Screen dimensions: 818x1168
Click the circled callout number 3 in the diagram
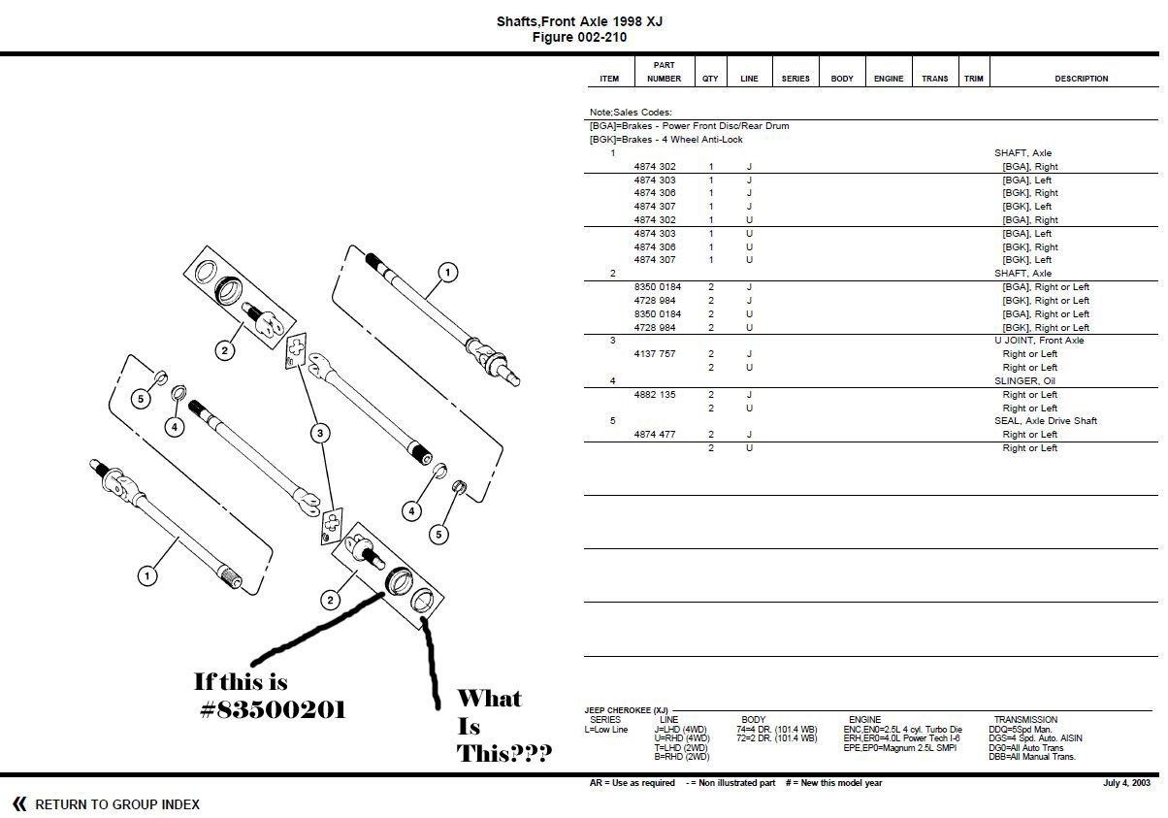(319, 433)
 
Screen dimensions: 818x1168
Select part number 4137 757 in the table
(655, 354)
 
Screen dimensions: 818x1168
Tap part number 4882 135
(655, 395)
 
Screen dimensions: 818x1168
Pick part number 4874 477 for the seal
(655, 435)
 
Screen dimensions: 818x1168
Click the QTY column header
(710, 79)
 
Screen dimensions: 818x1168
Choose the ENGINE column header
(888, 79)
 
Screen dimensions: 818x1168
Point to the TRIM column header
(973, 79)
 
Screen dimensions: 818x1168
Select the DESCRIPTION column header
(1081, 79)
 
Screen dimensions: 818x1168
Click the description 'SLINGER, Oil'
(1022, 381)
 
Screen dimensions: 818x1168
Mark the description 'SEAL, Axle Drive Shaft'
(1046, 421)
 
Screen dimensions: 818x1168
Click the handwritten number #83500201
(273, 710)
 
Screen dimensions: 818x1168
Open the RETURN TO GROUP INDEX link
(117, 804)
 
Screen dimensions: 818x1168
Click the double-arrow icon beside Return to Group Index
(19, 803)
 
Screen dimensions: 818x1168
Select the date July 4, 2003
(1126, 783)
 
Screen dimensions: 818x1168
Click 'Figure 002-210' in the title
(579, 38)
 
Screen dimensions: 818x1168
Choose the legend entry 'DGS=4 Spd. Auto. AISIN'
(1035, 738)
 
